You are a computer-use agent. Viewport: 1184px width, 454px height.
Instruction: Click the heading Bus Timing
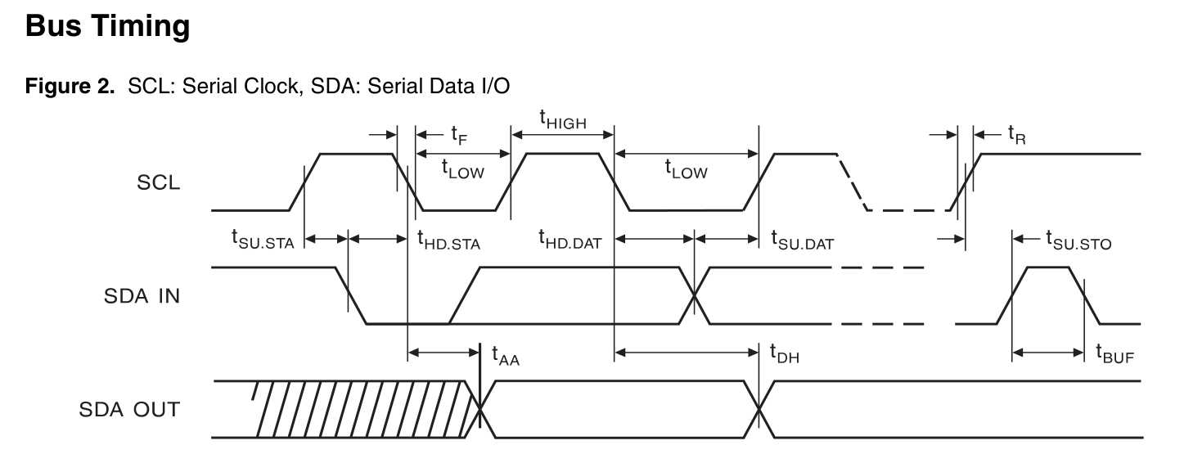(x=107, y=27)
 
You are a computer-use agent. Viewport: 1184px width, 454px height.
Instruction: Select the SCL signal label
(x=159, y=182)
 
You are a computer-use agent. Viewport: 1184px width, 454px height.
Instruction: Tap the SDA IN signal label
(x=142, y=296)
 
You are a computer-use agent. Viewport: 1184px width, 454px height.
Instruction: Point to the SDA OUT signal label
(x=129, y=409)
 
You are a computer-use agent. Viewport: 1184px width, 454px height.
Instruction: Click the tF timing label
(x=459, y=134)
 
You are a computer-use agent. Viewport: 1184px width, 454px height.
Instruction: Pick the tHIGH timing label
(x=562, y=120)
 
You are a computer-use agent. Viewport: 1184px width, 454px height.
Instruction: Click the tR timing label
(x=1016, y=134)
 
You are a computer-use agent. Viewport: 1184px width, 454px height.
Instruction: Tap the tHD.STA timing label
(x=448, y=240)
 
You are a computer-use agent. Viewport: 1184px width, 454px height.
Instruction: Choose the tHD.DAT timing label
(x=569, y=240)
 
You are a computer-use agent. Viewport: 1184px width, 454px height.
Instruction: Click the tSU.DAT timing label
(x=802, y=240)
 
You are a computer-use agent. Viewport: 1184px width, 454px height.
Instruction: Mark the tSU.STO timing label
(x=1078, y=240)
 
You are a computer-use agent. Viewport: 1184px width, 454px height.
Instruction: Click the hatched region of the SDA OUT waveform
(x=360, y=408)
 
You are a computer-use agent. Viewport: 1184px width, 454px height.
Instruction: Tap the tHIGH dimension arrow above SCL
(x=562, y=133)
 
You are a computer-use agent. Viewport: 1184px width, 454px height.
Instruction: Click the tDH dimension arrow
(x=687, y=353)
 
